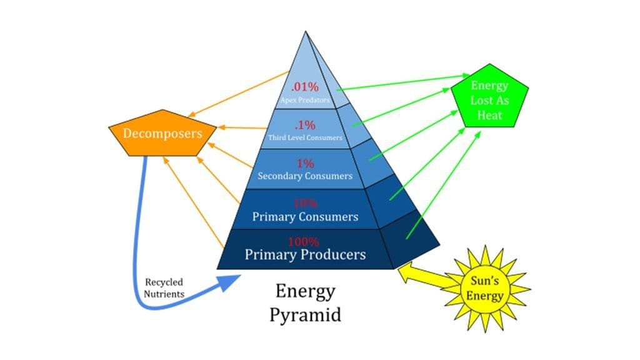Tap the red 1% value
[x=305, y=163]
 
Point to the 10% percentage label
[x=305, y=203]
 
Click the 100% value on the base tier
[x=304, y=241]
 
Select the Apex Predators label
[x=306, y=99]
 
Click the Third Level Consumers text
[x=306, y=137]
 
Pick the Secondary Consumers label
[x=305, y=176]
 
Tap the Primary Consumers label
[x=305, y=217]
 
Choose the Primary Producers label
[x=305, y=255]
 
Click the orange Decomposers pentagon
[x=162, y=134]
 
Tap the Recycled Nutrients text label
[x=164, y=287]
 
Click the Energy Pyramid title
[x=305, y=302]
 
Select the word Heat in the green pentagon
[x=489, y=115]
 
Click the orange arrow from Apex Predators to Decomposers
[x=237, y=94]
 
